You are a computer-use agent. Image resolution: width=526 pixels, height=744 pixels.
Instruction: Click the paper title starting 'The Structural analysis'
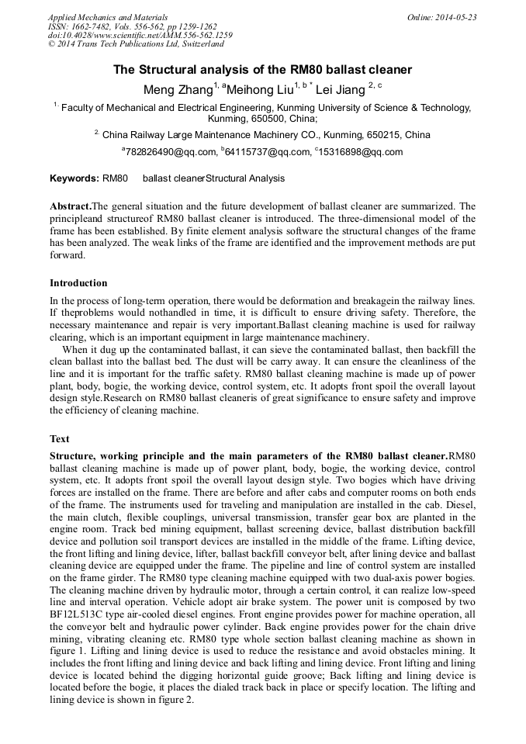tap(263, 69)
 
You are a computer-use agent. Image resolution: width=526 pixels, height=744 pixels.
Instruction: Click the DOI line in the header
tap(140, 36)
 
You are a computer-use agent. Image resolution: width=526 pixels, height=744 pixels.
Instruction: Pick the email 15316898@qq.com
tap(360, 152)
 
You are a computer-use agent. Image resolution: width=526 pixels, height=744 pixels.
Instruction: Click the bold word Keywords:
tap(74, 178)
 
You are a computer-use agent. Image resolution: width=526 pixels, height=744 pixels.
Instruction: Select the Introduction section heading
tap(78, 283)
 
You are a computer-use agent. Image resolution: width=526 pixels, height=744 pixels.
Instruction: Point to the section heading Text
tap(59, 439)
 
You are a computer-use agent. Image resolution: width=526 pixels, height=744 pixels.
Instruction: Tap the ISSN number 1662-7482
tap(91, 26)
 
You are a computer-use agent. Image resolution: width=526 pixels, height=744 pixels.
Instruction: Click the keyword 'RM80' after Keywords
tap(115, 178)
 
